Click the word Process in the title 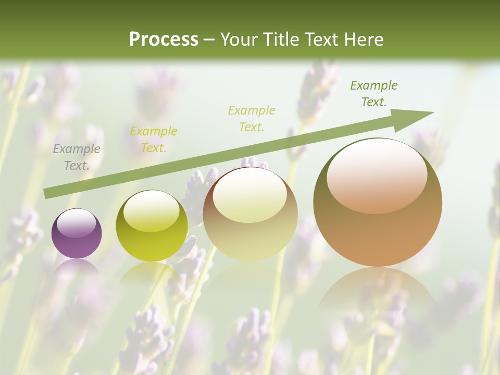(164, 40)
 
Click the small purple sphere (77, 234)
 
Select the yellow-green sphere (152, 226)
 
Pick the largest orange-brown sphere (378, 203)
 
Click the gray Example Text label (77, 157)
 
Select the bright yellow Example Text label (154, 139)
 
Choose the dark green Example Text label (373, 93)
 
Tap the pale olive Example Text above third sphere (252, 118)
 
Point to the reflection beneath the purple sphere (77, 268)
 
